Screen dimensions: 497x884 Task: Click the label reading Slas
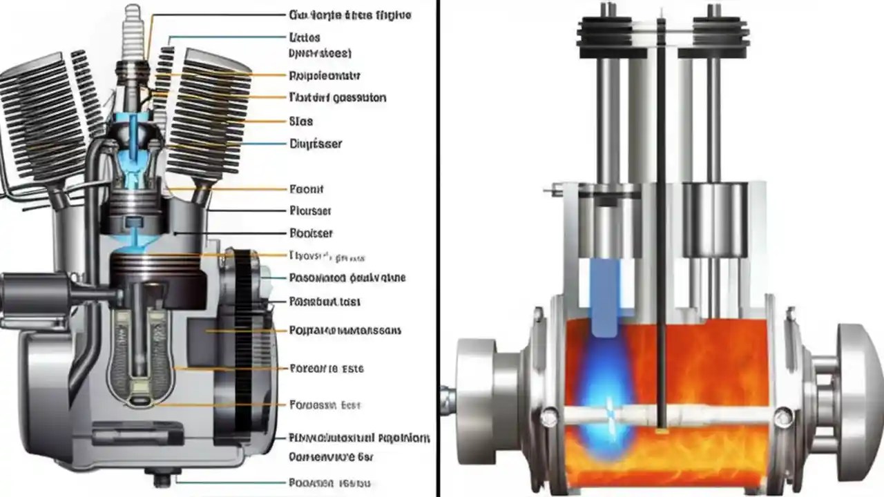click(300, 121)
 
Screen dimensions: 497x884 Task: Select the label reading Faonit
click(307, 188)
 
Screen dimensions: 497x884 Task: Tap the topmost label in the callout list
click(349, 14)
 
